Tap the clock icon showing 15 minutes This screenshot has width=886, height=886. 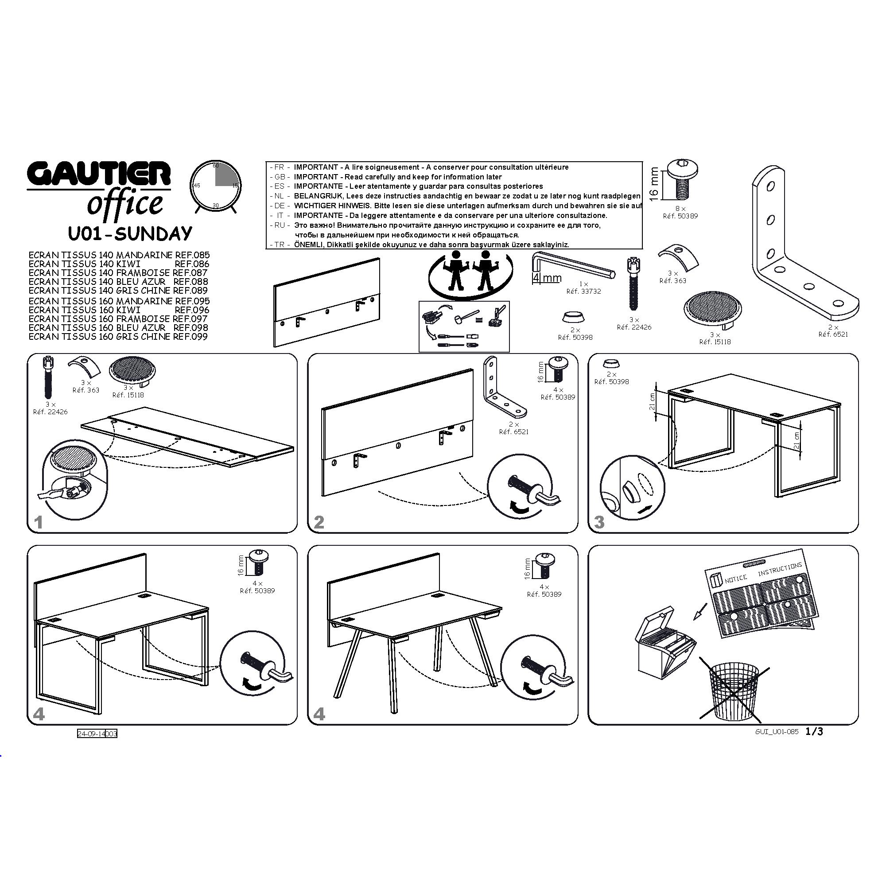point(216,187)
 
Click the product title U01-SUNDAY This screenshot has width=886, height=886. point(130,233)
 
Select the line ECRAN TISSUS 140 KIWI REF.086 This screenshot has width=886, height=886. point(119,264)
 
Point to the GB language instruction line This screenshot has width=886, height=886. point(385,177)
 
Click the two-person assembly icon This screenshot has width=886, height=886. point(470,273)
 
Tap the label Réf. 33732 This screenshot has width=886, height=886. point(583,291)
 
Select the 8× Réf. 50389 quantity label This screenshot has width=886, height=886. point(680,212)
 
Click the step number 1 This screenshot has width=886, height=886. point(39,522)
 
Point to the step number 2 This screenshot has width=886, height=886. point(319,522)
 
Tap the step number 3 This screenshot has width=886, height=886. point(599,522)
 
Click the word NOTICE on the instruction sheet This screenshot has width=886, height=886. point(735,579)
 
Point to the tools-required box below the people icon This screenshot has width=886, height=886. point(464,326)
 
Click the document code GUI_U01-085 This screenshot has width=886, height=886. point(777,732)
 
